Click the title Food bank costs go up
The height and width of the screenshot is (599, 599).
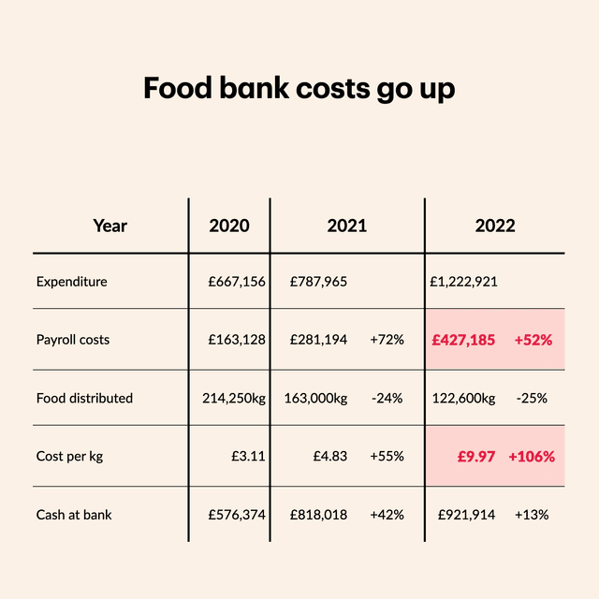tap(299, 89)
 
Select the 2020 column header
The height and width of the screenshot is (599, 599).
tap(229, 226)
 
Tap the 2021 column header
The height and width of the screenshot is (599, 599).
tap(347, 226)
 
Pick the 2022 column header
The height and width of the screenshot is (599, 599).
tap(494, 226)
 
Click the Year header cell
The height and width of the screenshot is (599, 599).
tap(110, 226)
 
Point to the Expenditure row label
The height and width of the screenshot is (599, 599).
tap(72, 282)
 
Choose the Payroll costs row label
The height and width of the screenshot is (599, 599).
tap(73, 340)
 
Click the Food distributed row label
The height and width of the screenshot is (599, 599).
tap(84, 398)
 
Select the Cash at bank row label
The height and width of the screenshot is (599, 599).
tap(74, 515)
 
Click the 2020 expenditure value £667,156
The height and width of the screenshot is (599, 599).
tap(237, 282)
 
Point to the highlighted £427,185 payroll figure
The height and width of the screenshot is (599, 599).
tap(463, 340)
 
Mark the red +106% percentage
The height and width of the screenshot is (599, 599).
tap(532, 457)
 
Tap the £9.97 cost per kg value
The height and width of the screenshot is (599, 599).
tap(476, 457)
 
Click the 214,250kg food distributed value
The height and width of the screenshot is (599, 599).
tap(234, 398)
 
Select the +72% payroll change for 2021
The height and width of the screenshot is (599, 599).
tap(387, 340)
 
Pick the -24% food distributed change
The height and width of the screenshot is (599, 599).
tap(387, 398)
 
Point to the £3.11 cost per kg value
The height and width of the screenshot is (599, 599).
tap(248, 457)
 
